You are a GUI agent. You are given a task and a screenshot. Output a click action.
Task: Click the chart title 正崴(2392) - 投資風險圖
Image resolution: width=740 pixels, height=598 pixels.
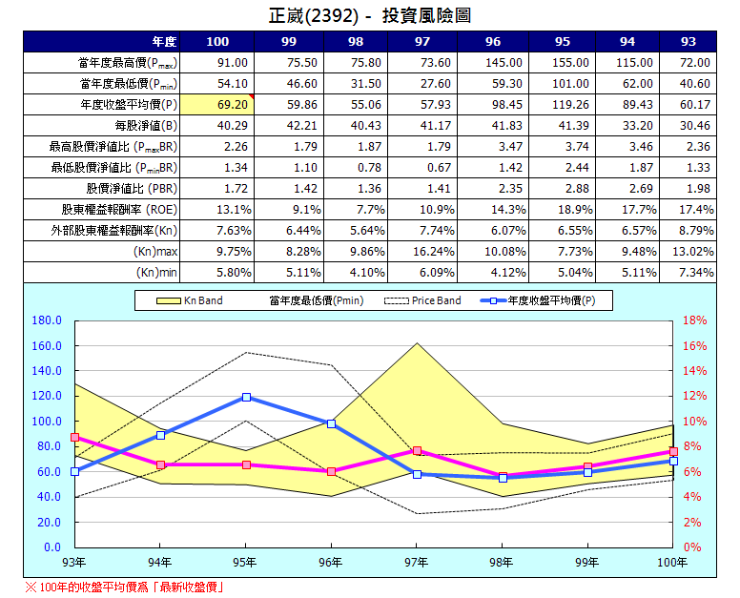[370, 16]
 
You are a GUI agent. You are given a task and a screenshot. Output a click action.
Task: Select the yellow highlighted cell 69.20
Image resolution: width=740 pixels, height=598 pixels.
[217, 104]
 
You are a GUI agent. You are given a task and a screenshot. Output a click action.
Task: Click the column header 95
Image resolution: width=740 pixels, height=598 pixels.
[562, 41]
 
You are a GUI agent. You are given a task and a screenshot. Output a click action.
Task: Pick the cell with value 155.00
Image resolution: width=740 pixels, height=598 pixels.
[562, 62]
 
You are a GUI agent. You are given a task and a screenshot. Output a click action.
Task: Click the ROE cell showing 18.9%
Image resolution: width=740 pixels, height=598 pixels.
[562, 209]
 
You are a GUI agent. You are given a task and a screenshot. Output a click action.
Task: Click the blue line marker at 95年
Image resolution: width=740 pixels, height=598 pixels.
[246, 397]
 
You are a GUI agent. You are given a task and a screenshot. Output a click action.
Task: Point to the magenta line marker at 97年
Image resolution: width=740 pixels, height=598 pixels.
[417, 450]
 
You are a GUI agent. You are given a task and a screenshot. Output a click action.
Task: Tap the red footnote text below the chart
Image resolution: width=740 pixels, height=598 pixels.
[125, 587]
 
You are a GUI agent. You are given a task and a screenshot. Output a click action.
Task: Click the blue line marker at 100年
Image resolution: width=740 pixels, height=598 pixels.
[673, 461]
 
